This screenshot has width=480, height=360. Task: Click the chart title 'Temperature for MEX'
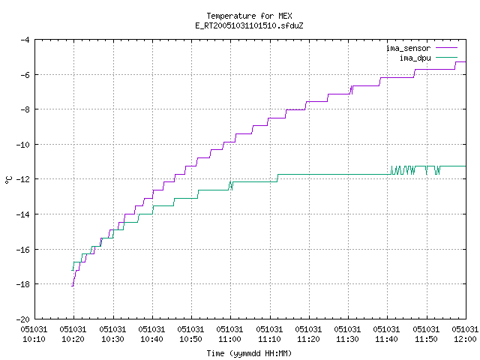point(249,16)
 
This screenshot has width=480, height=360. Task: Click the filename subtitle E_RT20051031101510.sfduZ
point(249,25)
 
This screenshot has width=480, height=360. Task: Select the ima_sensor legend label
point(408,48)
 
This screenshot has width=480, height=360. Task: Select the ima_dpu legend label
point(415,58)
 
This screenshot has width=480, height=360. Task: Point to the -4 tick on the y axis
point(25,40)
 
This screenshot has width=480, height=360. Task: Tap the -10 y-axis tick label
point(22,145)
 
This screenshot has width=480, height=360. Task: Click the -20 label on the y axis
point(22,319)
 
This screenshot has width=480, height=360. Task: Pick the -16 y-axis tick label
point(22,250)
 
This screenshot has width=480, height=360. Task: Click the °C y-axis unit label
point(8,180)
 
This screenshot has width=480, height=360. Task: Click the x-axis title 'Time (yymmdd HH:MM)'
point(249,353)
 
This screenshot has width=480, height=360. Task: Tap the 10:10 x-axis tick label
point(34,334)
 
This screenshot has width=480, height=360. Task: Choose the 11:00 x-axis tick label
point(229,334)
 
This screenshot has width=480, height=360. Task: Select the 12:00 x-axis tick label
point(465,334)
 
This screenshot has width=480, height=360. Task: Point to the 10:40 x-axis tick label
point(151,334)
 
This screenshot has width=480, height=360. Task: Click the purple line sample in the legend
point(446,48)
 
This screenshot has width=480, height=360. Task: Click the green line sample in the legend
point(446,57)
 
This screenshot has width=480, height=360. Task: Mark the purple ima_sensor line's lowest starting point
point(72,286)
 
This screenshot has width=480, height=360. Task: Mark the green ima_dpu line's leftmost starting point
point(72,270)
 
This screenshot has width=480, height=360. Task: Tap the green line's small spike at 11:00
point(230,185)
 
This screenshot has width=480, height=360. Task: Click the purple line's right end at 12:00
point(466,61)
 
